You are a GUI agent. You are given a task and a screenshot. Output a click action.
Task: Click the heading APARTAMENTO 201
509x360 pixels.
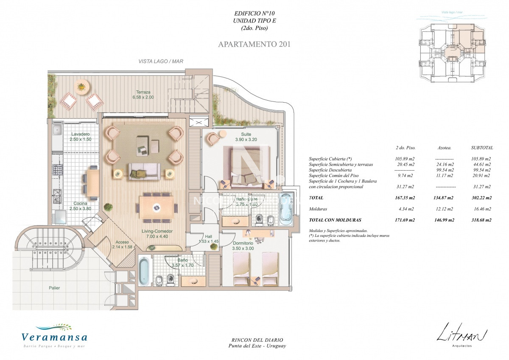tap(254, 44)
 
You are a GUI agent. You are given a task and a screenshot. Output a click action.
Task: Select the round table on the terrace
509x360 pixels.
tap(82, 87)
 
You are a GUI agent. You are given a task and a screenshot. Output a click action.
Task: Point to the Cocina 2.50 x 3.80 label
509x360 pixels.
tap(81, 206)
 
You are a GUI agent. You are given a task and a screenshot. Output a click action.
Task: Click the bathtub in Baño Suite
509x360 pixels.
tap(286, 208)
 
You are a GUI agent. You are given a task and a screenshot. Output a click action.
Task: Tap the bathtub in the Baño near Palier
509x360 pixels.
tap(144, 272)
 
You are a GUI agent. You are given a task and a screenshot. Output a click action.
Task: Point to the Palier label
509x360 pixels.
tap(54, 288)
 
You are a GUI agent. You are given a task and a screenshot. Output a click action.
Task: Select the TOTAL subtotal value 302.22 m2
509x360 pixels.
tap(481, 198)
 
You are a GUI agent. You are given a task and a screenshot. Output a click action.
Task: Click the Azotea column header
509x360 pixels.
tap(445, 148)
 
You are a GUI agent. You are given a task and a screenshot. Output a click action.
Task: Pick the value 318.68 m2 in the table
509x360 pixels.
tap(481, 220)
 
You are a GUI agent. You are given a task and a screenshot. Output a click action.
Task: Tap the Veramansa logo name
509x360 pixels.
tap(54, 337)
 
